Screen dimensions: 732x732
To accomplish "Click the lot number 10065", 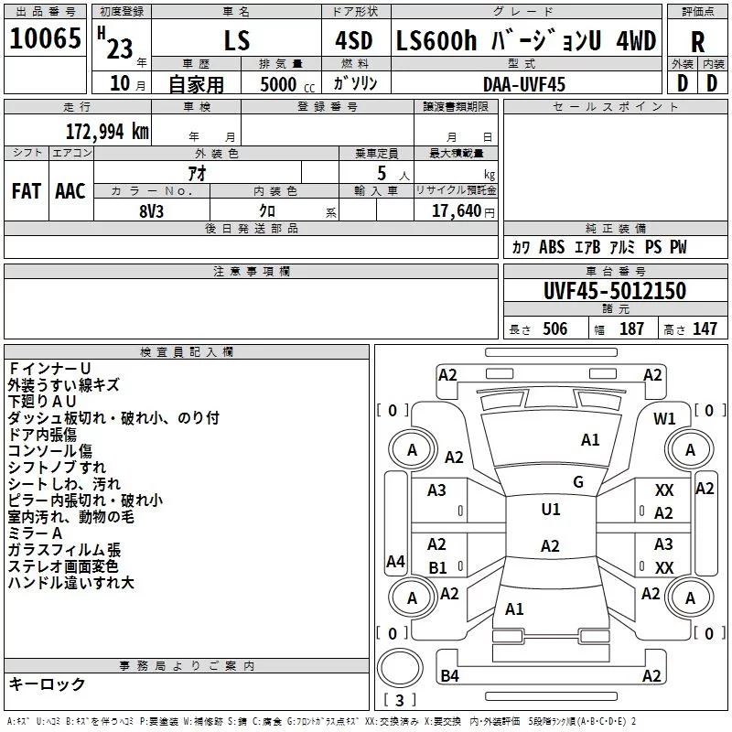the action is [x=46, y=39].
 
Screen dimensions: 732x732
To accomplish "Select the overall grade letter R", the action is [x=697, y=42].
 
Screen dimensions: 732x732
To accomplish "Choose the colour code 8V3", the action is [x=153, y=210].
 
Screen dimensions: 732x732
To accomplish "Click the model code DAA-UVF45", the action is [x=524, y=83].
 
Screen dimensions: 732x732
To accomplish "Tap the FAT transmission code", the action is [x=26, y=191].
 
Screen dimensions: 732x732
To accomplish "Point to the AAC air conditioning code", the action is [x=70, y=191].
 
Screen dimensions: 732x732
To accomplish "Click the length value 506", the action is [x=554, y=329].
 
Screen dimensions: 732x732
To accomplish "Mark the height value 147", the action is [x=704, y=329].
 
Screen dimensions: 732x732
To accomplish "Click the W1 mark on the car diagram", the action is [x=664, y=419].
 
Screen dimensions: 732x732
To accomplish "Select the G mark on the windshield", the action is [x=578, y=481].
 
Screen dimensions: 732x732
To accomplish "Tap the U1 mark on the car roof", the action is [x=551, y=510].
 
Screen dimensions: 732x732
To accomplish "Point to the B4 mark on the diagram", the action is [x=449, y=676].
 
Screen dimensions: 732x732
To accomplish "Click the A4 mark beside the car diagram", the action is [x=395, y=562].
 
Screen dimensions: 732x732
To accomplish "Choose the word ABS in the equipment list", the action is [x=552, y=248].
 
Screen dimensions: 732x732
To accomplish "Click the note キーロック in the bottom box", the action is [x=48, y=684].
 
